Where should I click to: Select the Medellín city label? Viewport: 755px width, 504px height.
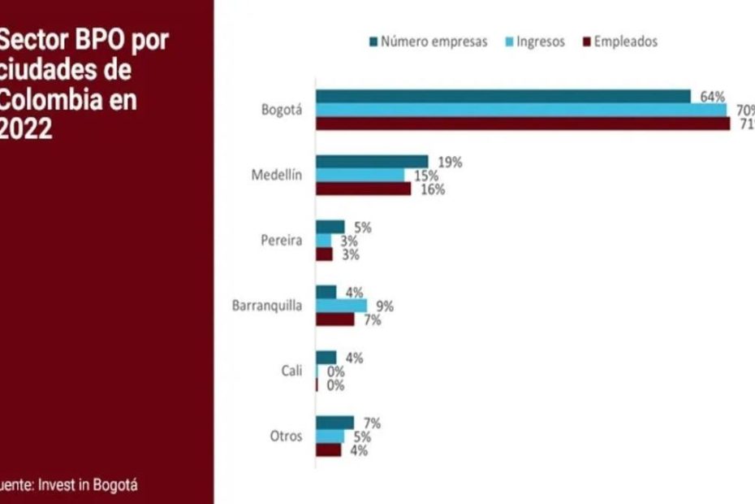[x=276, y=176]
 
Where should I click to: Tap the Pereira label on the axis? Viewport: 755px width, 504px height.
[x=282, y=241]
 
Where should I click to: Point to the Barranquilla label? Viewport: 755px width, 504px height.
[x=267, y=306]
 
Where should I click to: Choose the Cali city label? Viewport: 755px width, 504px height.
[x=292, y=371]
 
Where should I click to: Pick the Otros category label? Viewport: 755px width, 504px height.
[x=286, y=436]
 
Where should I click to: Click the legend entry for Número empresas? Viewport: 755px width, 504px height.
[x=428, y=41]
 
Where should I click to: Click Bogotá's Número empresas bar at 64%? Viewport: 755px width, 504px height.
[x=503, y=97]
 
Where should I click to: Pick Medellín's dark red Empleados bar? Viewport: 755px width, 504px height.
[x=364, y=189]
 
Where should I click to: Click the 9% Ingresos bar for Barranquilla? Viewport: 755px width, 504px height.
[x=341, y=306]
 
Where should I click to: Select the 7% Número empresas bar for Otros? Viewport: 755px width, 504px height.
[x=334, y=422]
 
